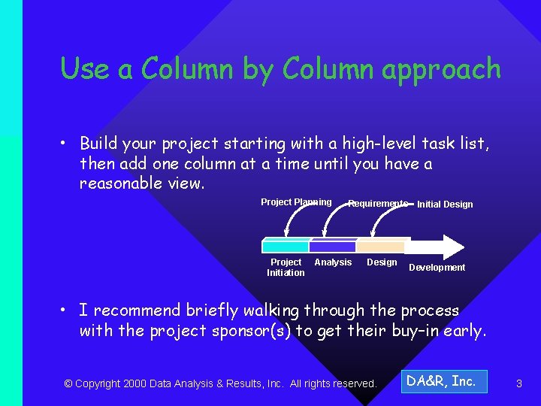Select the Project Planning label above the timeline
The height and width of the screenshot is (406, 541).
(296, 202)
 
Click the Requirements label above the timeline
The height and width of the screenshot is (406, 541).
(378, 204)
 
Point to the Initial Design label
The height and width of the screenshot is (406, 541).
(445, 205)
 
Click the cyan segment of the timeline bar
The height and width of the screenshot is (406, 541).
(286, 247)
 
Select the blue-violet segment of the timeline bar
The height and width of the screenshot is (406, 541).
(332, 247)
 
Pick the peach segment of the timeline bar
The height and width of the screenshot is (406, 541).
(380, 247)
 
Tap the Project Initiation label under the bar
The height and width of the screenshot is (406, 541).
(286, 268)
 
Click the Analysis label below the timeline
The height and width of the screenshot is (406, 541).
(333, 262)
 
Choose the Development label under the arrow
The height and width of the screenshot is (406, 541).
(437, 268)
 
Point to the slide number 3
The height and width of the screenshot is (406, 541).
(518, 384)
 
